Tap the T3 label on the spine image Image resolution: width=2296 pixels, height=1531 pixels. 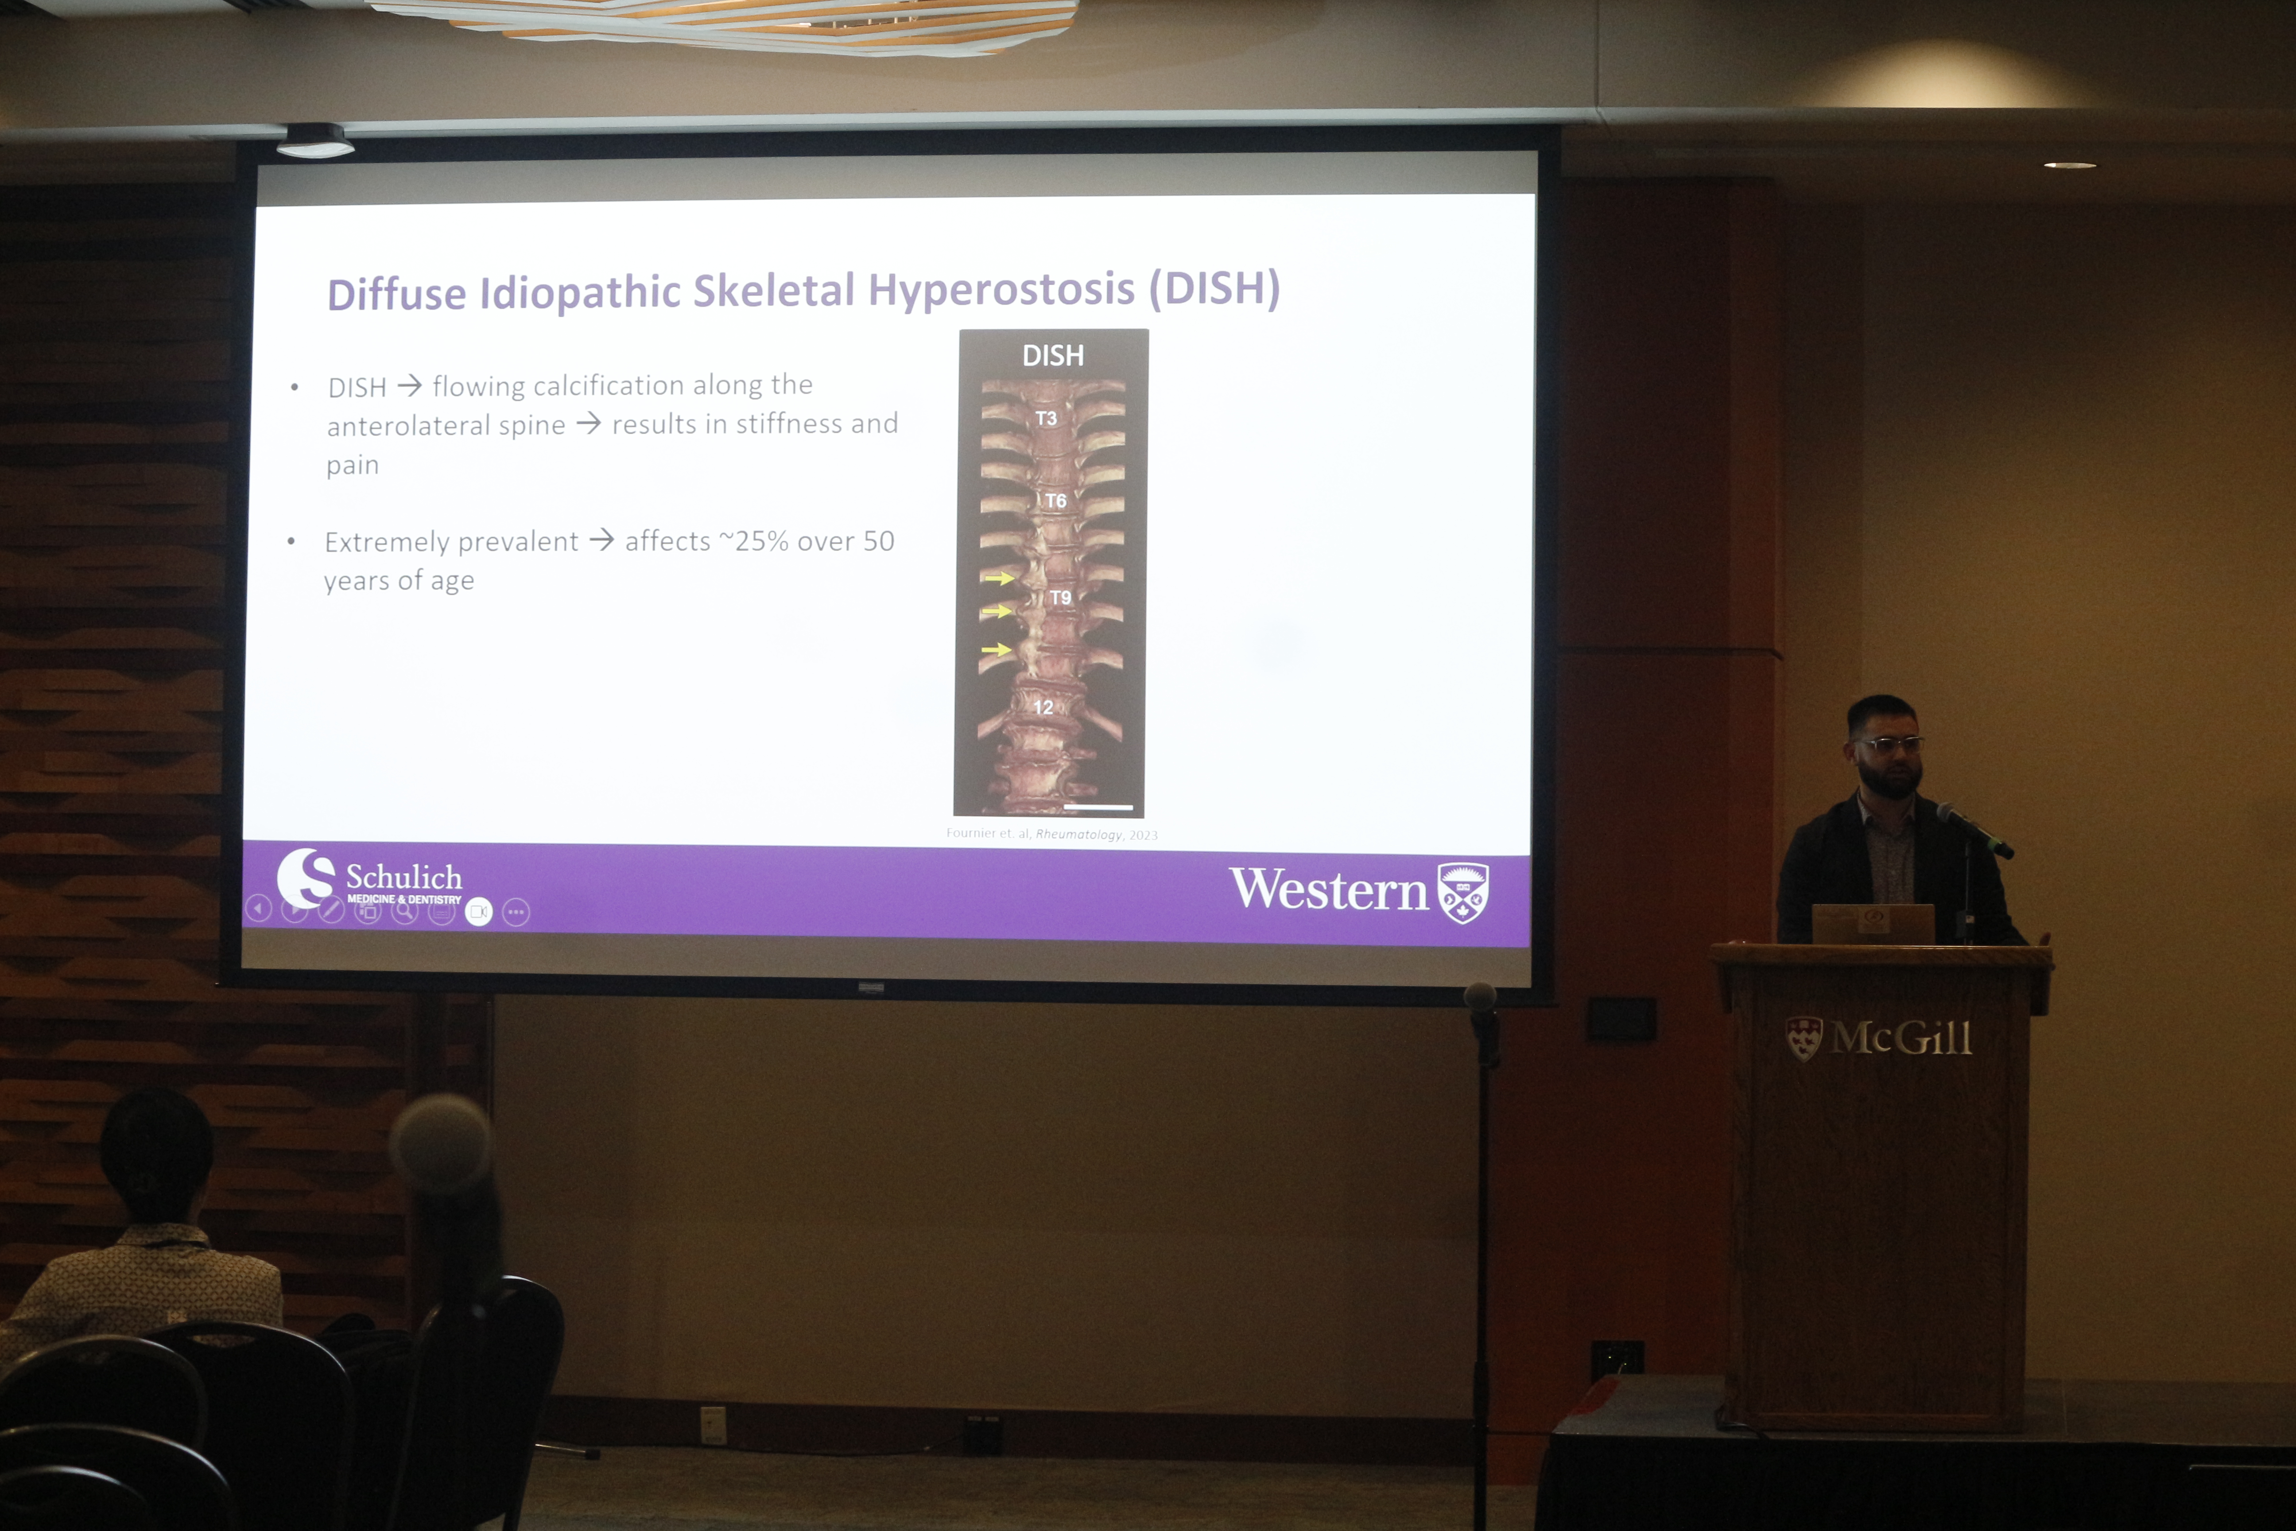point(1046,418)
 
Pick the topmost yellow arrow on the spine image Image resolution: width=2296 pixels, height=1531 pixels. point(998,578)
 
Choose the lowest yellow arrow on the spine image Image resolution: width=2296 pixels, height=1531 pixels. point(996,649)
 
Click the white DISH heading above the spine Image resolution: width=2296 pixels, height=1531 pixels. point(1052,355)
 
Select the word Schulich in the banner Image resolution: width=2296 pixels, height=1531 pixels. point(404,877)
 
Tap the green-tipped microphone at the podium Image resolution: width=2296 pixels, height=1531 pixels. point(1974,831)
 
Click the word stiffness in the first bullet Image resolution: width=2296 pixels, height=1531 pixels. point(789,424)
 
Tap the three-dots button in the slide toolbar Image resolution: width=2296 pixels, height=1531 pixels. point(516,912)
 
